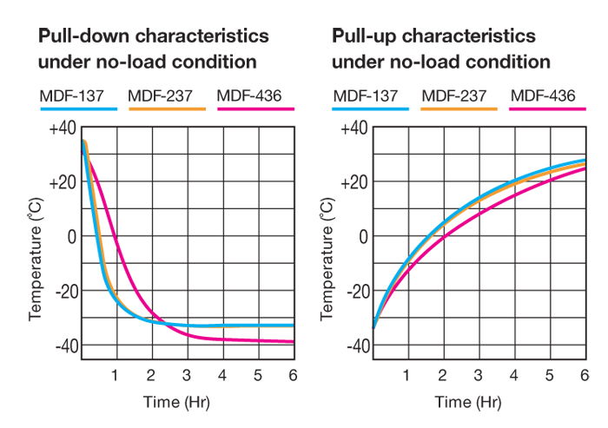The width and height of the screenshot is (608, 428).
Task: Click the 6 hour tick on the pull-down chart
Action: (x=293, y=375)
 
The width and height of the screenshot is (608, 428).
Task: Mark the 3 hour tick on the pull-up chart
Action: (x=479, y=375)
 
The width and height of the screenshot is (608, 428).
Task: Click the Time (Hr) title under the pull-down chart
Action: (x=175, y=402)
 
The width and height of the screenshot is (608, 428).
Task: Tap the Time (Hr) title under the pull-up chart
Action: (x=468, y=402)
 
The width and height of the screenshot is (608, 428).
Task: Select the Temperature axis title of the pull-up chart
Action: (x=327, y=259)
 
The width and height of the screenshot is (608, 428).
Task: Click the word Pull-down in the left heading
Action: (x=75, y=37)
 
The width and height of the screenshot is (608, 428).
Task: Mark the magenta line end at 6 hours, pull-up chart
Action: (x=585, y=168)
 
